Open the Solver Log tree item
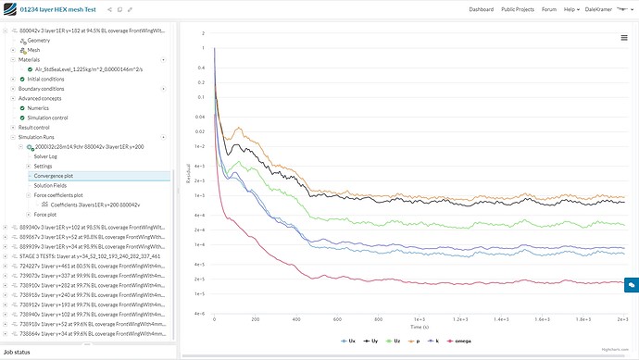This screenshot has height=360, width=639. pos(46,156)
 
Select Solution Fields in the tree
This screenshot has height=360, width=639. pos(52,185)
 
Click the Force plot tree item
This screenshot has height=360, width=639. pos(44,214)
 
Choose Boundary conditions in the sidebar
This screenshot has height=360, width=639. pos(46,88)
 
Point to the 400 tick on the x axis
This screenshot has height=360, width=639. pos(295,317)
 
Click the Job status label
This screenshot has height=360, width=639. pos(18,353)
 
